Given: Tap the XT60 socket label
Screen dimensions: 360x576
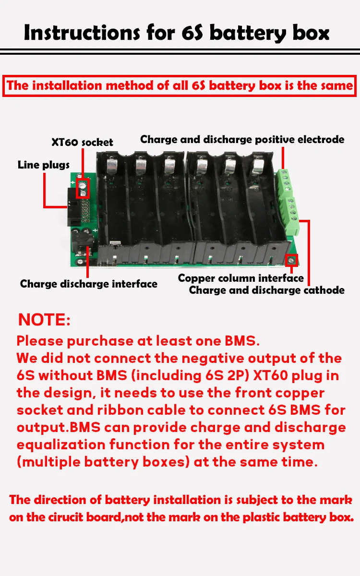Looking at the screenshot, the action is [x=82, y=142].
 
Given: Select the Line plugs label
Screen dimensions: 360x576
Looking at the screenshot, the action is [x=44, y=165].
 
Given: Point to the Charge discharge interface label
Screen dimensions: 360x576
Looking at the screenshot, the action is [x=89, y=284].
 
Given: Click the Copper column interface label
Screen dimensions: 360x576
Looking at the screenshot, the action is [x=240, y=278].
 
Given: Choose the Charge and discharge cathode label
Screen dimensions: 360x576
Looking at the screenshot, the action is [x=266, y=290].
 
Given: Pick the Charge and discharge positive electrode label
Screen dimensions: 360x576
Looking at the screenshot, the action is [x=242, y=139].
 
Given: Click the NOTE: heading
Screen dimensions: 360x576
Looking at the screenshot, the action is [x=44, y=320].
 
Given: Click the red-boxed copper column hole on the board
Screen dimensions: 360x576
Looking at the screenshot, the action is [x=290, y=261].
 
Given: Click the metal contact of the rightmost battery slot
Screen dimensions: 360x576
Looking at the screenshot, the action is [x=258, y=166].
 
